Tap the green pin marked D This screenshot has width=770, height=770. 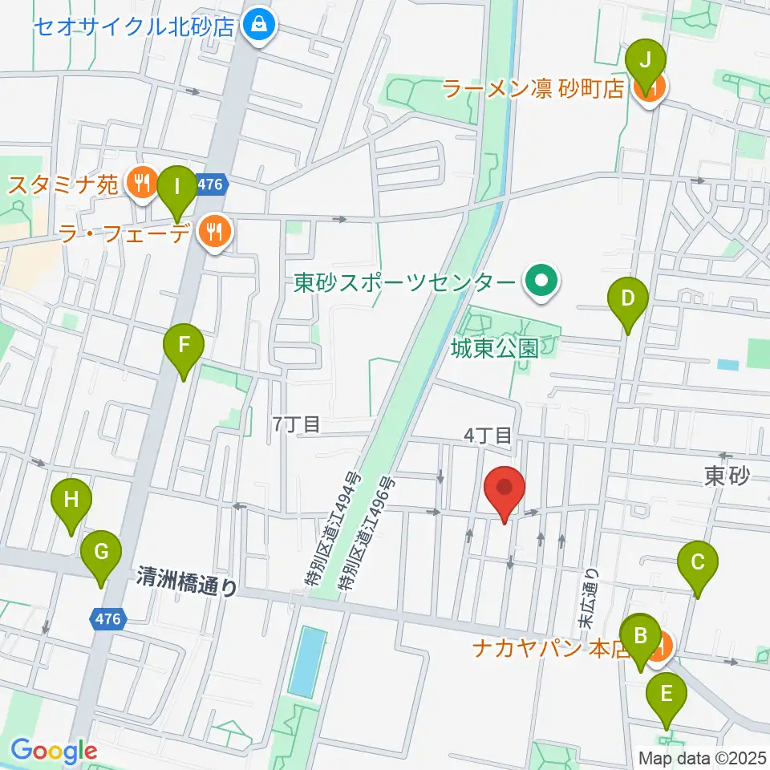628,299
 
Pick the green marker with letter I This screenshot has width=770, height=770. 176,188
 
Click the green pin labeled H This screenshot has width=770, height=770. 71,501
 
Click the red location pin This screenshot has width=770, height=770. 505,489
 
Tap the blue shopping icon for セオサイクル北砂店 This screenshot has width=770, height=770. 259,26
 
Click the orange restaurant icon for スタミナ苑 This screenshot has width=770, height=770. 142,185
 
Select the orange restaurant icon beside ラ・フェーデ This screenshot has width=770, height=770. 214,233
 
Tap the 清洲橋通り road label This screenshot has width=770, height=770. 187,582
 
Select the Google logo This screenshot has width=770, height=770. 55,751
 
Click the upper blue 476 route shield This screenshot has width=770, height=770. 210,184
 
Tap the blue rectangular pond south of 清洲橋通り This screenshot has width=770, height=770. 308,662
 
